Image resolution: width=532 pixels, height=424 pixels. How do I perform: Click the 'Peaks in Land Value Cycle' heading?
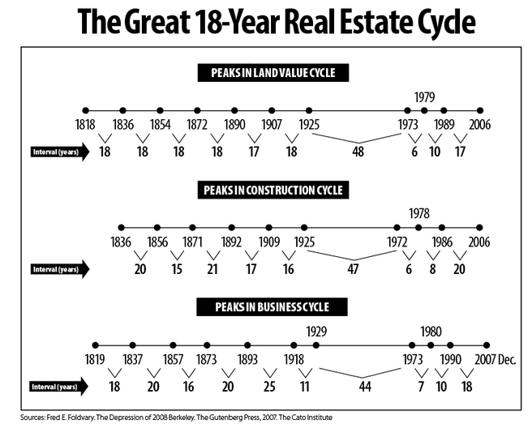[272, 74]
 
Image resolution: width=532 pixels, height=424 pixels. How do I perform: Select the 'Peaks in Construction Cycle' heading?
[272, 191]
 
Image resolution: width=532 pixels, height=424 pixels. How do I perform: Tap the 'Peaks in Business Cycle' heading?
[272, 307]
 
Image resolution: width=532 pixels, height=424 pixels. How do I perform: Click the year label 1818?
[85, 125]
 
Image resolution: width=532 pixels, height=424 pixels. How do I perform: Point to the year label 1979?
[425, 97]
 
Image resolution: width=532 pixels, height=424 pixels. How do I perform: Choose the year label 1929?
[317, 331]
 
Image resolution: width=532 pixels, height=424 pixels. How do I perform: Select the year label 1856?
[157, 242]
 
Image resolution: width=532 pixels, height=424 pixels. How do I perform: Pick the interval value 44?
[364, 387]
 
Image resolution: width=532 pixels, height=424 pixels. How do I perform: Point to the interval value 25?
[268, 387]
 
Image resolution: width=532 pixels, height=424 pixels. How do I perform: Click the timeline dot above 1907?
[272, 110]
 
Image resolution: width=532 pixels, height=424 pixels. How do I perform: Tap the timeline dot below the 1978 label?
[418, 228]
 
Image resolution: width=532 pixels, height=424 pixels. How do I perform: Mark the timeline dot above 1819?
[96, 345]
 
